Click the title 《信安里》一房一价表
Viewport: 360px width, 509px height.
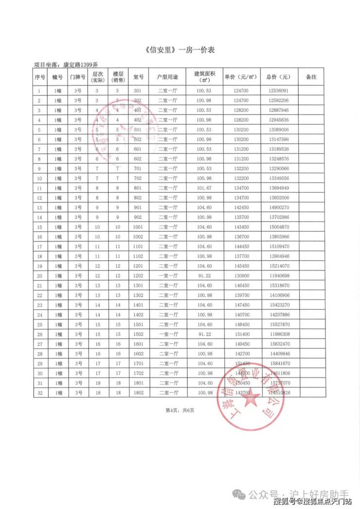[x=180, y=50]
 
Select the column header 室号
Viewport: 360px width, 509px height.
[x=138, y=77]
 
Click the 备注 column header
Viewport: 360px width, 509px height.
[x=311, y=77]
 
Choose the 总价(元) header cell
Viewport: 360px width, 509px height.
[x=278, y=77]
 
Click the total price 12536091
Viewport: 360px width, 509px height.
[x=278, y=91]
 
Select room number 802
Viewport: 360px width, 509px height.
[x=138, y=198]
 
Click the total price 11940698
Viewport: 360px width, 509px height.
[x=278, y=276]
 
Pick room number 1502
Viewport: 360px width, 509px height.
[x=138, y=334]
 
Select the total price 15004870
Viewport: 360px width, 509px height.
[x=278, y=227]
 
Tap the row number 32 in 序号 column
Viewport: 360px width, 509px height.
[x=39, y=393]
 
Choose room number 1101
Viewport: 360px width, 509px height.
[x=138, y=247]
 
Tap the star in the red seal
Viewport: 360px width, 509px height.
[x=252, y=399]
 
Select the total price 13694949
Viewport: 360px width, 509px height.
[x=278, y=188]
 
